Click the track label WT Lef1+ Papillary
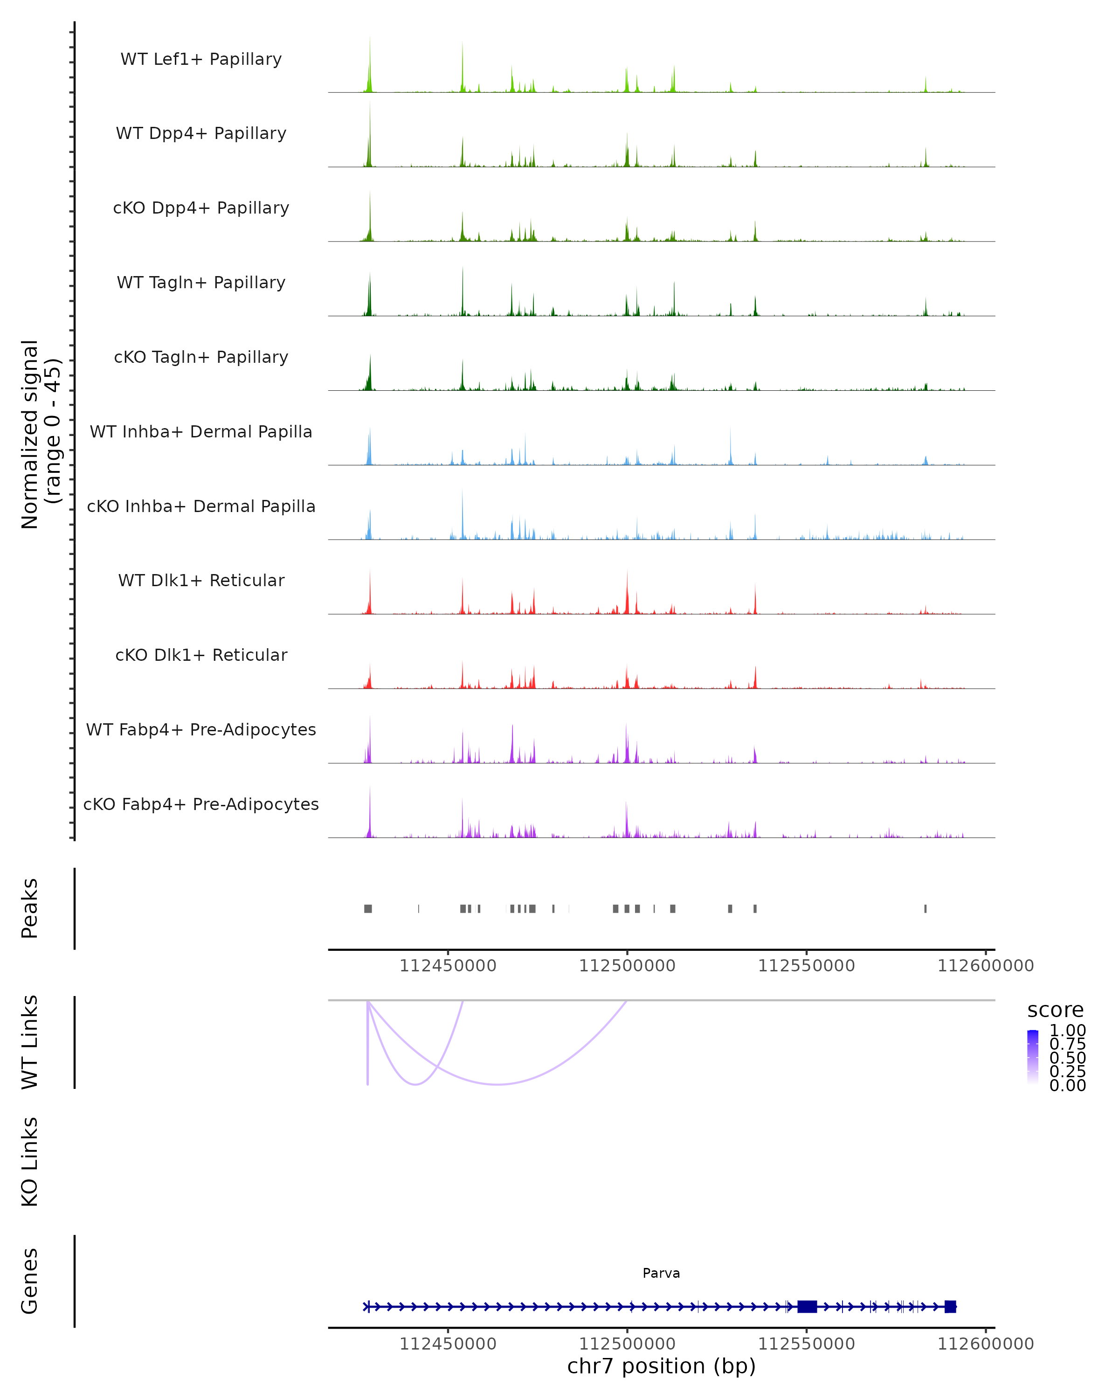pyautogui.click(x=201, y=59)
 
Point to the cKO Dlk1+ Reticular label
pyautogui.click(x=201, y=655)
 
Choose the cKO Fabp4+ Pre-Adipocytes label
pyautogui.click(x=201, y=804)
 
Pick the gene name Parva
pyautogui.click(x=661, y=1273)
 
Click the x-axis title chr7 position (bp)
pyautogui.click(x=661, y=1366)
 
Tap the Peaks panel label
pyautogui.click(x=30, y=908)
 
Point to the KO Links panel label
pyautogui.click(x=30, y=1162)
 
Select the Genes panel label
pyautogui.click(x=30, y=1281)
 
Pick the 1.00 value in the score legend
pyautogui.click(x=1067, y=1031)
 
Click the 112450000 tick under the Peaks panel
pyautogui.click(x=448, y=966)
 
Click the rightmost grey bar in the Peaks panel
pyautogui.click(x=925, y=908)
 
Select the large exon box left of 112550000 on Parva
pyautogui.click(x=807, y=1306)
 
